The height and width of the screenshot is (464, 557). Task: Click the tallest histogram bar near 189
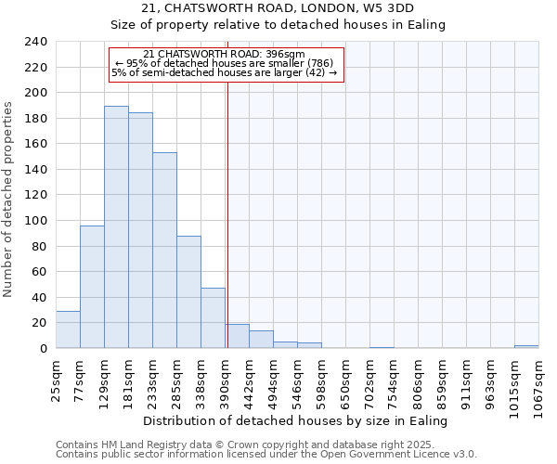click(116, 227)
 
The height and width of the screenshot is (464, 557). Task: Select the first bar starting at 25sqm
click(68, 329)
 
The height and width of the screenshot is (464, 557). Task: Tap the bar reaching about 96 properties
click(92, 287)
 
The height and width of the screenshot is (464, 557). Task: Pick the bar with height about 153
click(164, 251)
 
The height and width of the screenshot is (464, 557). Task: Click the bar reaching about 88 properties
click(188, 292)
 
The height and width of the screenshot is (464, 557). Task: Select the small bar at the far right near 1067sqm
click(526, 346)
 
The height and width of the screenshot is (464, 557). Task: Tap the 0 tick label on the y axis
click(44, 348)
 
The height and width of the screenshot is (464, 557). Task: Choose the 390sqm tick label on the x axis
click(226, 380)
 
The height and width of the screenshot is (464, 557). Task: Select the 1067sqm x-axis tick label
click(539, 384)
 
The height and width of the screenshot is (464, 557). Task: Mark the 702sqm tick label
click(370, 380)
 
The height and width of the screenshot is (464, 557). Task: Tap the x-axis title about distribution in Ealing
click(297, 420)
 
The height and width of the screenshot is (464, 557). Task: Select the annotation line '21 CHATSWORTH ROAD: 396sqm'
click(226, 54)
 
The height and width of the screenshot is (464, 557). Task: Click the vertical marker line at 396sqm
click(227, 213)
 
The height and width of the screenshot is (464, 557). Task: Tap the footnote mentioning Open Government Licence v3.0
click(266, 455)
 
